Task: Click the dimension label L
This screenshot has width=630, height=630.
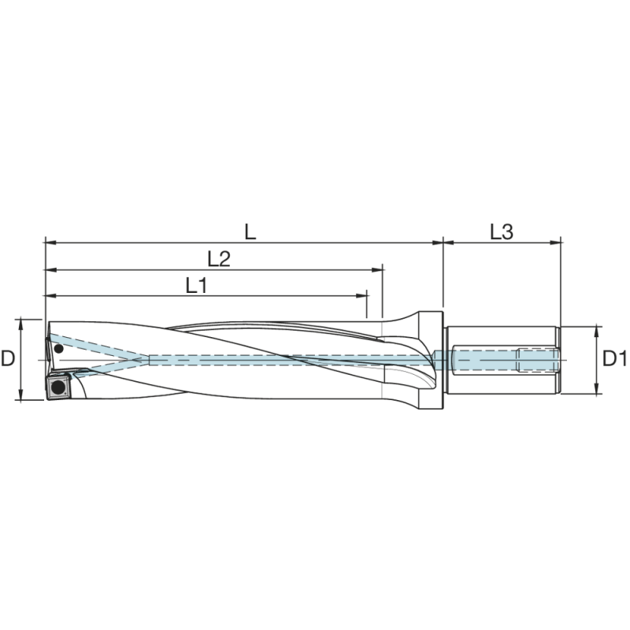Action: click(x=250, y=232)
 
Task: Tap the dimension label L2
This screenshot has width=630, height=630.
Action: click(x=218, y=259)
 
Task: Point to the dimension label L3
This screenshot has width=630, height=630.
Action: click(x=502, y=232)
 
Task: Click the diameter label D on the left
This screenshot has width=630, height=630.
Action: click(x=8, y=359)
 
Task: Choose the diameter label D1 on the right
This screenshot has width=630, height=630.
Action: click(x=615, y=359)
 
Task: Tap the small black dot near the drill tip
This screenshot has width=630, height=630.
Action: click(x=57, y=348)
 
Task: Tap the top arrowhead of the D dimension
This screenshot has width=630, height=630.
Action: click(x=20, y=323)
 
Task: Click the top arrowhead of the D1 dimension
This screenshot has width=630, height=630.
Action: click(x=598, y=329)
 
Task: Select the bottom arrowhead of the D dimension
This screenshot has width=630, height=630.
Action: click(x=20, y=396)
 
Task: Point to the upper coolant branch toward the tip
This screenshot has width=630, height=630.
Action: click(x=98, y=346)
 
